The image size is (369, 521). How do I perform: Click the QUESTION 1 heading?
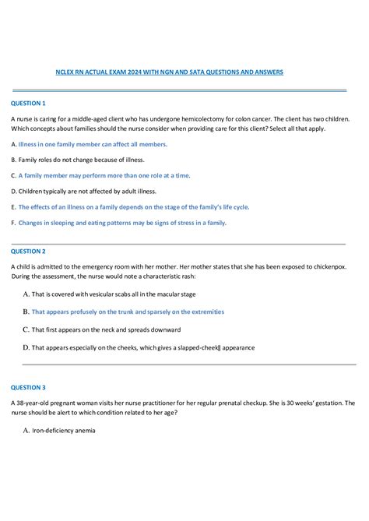(x=28, y=103)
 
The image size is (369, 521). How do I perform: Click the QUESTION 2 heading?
(x=28, y=252)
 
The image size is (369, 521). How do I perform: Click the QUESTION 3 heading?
(x=28, y=387)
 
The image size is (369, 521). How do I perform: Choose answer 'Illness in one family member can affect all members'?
(x=93, y=145)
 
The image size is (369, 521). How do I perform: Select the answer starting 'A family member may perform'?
(x=104, y=176)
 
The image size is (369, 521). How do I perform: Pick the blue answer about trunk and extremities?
(x=128, y=312)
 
